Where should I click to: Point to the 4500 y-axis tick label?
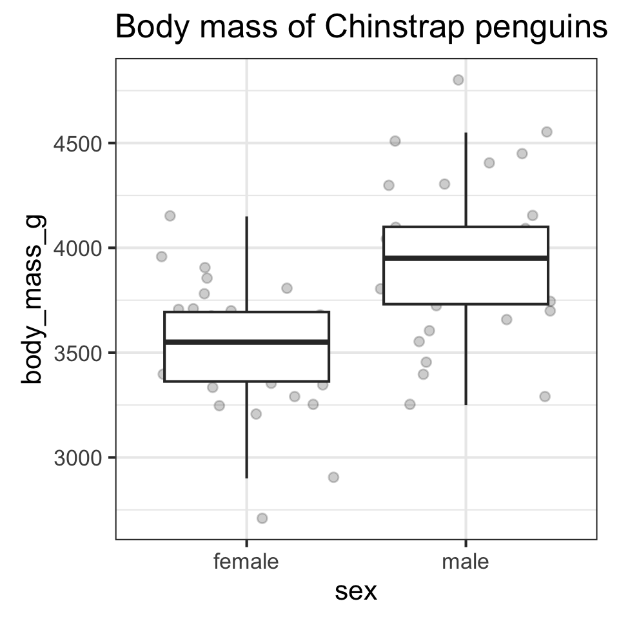click(76, 143)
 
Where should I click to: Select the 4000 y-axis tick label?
click(76, 248)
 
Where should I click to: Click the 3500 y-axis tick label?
click(76, 353)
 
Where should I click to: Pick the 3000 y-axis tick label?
click(76, 458)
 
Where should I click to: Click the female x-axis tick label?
click(246, 562)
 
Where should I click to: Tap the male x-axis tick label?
click(466, 562)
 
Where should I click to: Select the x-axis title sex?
click(356, 591)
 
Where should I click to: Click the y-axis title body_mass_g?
click(32, 299)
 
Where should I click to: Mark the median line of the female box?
click(246, 342)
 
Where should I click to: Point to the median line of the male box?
click(466, 258)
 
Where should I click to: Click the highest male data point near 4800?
click(458, 80)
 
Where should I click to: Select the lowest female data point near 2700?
click(262, 518)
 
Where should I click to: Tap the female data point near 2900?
click(333, 477)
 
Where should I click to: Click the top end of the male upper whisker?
click(466, 133)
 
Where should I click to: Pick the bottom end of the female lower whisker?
click(246, 477)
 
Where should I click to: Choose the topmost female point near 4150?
click(170, 215)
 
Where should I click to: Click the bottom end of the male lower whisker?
click(466, 404)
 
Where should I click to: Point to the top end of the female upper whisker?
click(246, 217)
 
